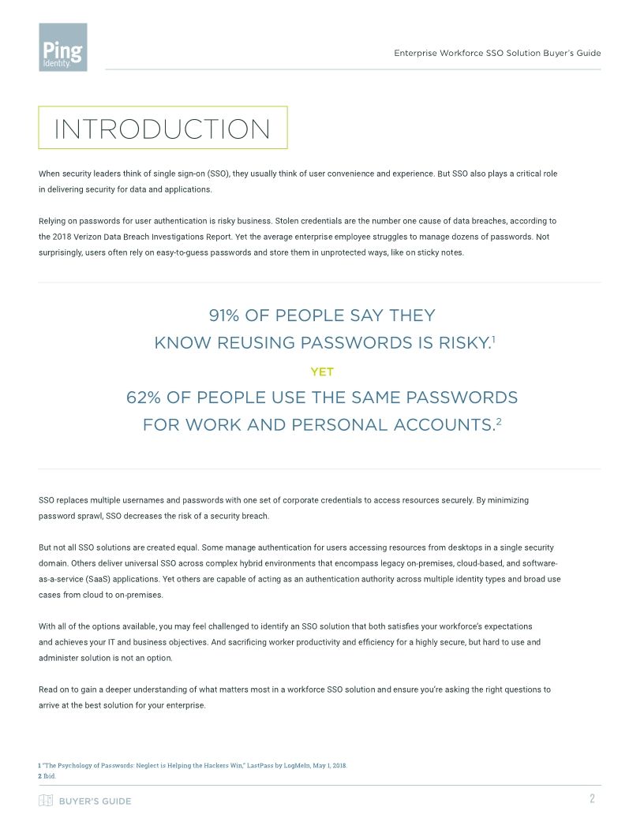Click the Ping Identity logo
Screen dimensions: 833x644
click(x=62, y=47)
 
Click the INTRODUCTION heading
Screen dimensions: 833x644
click(x=162, y=129)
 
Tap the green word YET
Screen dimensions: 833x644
click(x=322, y=372)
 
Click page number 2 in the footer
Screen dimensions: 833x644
click(x=592, y=799)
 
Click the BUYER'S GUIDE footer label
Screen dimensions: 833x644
click(x=95, y=801)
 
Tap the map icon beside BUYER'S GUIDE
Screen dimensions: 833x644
click(x=46, y=801)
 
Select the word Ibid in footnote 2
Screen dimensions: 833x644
click(x=50, y=775)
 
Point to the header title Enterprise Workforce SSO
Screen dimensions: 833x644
click(x=497, y=53)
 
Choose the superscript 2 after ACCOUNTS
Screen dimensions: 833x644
click(x=499, y=420)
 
